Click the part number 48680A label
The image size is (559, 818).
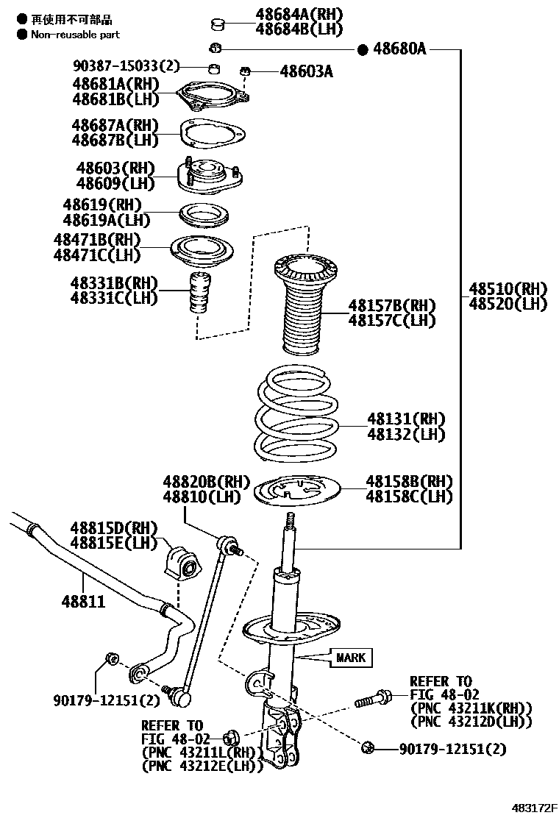399,49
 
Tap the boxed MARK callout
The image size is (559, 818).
351,657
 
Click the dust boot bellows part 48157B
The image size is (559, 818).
302,305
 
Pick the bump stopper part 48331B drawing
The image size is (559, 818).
198,293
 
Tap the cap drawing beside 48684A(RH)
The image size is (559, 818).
217,26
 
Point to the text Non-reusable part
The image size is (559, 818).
75,34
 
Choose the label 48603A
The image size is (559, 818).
307,71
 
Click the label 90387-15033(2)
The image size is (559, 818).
126,66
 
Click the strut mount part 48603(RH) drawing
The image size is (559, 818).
210,177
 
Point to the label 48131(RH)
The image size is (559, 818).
407,419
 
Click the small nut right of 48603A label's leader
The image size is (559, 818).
246,71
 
